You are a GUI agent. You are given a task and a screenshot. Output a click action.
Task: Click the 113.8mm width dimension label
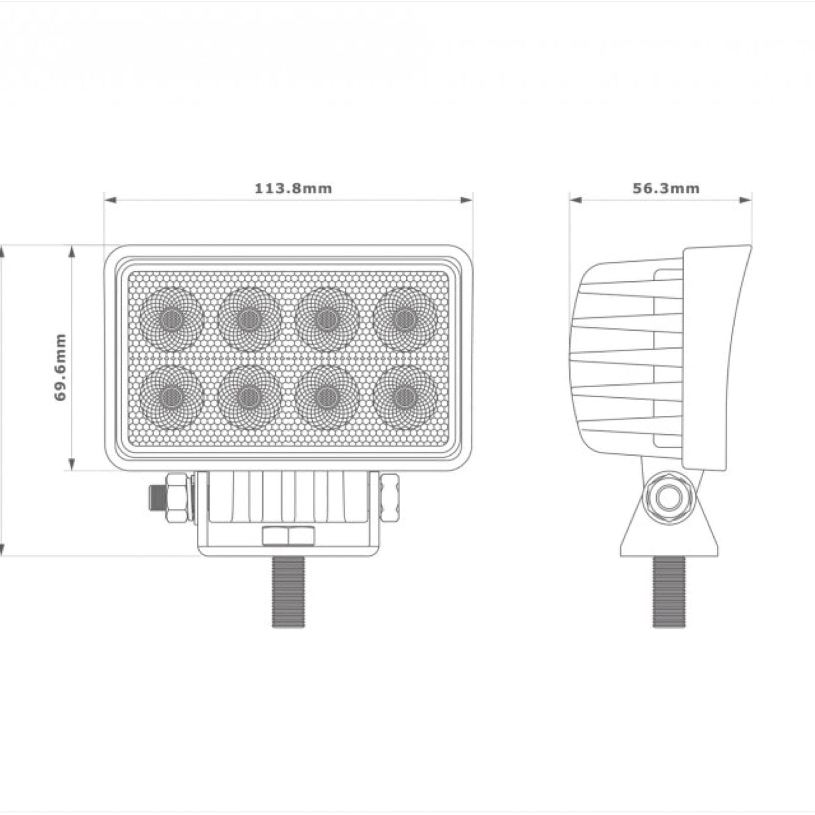coord(293,188)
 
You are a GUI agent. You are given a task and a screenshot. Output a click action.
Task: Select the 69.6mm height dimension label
coord(61,367)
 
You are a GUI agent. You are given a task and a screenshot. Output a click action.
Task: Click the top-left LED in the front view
coord(171,318)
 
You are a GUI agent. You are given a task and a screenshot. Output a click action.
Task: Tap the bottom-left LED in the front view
coord(171,397)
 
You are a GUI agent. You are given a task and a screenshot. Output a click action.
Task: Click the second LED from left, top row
coord(250,318)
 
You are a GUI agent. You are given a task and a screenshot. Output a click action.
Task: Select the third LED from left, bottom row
coord(327,397)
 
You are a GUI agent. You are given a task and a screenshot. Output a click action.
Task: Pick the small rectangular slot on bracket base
coord(288,536)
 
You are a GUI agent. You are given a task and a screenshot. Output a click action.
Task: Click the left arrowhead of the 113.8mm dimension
coord(110,200)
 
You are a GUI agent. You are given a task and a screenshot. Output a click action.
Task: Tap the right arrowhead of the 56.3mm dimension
coord(746,200)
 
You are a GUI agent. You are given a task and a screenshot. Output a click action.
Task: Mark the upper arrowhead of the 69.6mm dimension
coord(72,252)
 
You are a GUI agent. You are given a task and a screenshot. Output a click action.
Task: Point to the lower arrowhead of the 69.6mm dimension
coord(72,464)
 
